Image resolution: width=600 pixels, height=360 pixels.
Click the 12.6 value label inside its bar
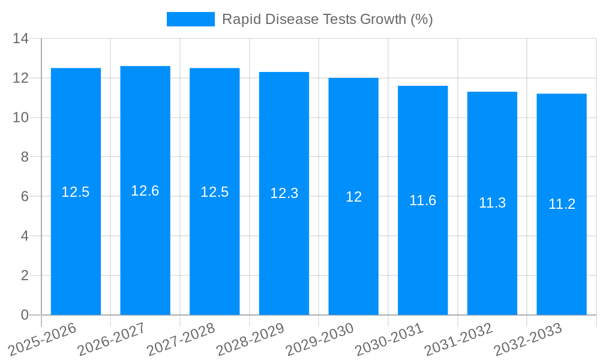coord(145,191)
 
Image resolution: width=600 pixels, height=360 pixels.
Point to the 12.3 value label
coord(284,193)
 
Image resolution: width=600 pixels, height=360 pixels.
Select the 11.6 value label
coord(423,200)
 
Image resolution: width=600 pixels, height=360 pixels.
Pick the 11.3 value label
coord(492,203)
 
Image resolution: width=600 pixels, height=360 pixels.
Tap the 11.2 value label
coord(562,204)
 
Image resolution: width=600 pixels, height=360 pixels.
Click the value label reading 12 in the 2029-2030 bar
coord(353,197)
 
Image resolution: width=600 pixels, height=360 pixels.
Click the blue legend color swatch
coord(190,19)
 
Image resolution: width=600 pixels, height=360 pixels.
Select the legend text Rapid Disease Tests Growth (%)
coord(328,19)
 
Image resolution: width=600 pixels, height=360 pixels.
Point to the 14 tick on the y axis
coord(21,39)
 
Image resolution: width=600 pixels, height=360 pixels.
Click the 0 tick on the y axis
coord(25,315)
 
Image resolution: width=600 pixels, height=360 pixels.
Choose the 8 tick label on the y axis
coord(25,157)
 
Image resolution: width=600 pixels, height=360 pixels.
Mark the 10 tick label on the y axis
coord(21,118)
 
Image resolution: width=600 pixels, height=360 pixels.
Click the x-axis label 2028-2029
coord(249,339)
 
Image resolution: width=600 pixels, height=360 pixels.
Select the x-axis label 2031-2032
coord(457,339)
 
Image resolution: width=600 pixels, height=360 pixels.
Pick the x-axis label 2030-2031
coord(388,339)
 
